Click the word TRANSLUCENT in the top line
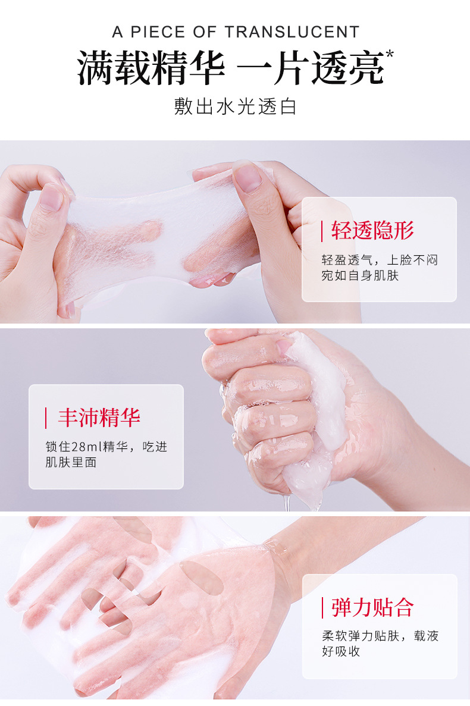[292, 32]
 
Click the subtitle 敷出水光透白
[235, 106]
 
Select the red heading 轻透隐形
[372, 231]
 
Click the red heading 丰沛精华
[99, 418]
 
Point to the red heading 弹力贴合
[372, 607]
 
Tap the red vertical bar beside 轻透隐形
[322, 231]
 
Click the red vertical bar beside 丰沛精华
[46, 418]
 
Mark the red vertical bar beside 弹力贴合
[322, 608]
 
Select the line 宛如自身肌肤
[360, 275]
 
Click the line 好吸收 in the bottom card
[341, 651]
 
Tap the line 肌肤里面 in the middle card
[71, 462]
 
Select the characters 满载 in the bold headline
[114, 68]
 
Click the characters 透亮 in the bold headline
[348, 68]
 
